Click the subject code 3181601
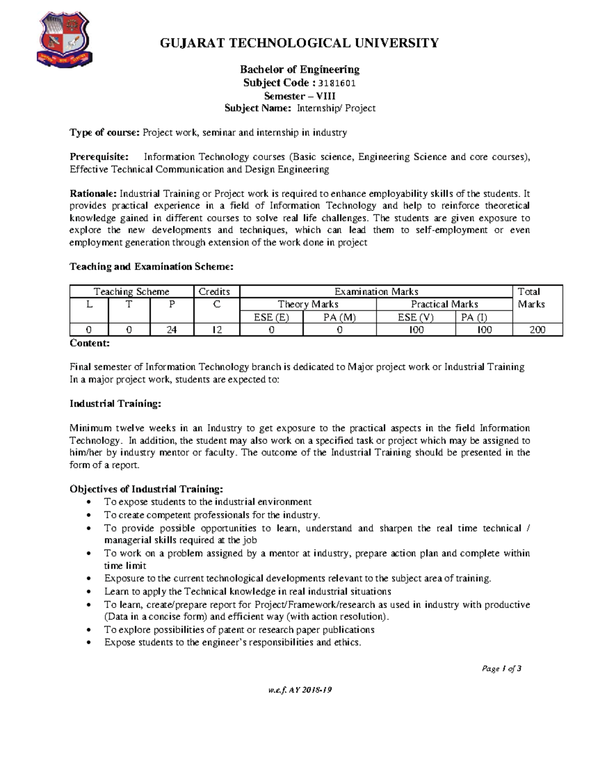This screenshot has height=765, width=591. coord(337,83)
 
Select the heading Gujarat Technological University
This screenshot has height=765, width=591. coord(299,43)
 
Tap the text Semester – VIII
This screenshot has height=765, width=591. coord(299,96)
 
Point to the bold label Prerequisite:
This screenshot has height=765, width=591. coord(99,157)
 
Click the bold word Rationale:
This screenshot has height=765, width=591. coord(93,194)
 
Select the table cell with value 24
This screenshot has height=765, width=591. coord(171,330)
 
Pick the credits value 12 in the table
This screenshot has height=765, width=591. coord(217,330)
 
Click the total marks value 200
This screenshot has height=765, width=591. coord(537,330)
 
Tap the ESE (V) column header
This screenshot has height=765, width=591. coord(416,317)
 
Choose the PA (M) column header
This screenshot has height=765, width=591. coord(339,317)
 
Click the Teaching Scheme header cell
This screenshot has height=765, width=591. coord(131,292)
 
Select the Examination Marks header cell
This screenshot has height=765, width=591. coord(376,292)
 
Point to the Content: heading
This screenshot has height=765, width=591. coord(90,343)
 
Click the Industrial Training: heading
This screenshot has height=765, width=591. coord(115,404)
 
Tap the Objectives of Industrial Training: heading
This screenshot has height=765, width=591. coord(146,489)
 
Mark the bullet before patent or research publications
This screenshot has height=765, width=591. coord(88,630)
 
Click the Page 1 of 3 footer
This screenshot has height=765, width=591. coord(501,668)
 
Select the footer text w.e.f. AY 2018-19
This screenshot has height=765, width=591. coord(299,690)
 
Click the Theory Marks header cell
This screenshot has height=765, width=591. coord(308,304)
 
